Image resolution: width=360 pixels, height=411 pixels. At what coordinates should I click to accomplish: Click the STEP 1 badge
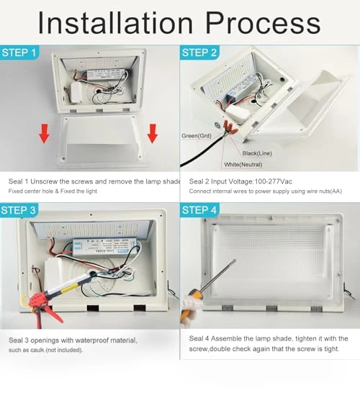(x=19, y=53)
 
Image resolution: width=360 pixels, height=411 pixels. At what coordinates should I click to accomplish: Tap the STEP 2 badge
(x=199, y=53)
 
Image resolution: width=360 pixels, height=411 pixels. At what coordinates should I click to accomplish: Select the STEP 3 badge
(x=19, y=210)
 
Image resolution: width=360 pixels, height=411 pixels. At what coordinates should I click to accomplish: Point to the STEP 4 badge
(x=199, y=210)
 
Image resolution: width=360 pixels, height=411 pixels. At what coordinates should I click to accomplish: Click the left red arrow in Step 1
(x=44, y=134)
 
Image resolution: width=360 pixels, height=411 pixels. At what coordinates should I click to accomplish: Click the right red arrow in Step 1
(x=152, y=134)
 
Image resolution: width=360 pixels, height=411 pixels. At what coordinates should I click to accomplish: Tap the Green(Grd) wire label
(x=197, y=136)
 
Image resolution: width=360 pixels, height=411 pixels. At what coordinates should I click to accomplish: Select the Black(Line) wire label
(x=257, y=153)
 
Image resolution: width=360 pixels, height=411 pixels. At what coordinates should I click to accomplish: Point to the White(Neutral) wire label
(x=243, y=165)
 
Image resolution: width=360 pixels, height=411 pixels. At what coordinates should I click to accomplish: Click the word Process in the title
(x=263, y=23)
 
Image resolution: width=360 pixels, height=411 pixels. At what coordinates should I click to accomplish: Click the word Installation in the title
(x=115, y=23)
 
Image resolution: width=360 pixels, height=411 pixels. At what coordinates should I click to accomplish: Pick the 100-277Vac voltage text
(x=273, y=181)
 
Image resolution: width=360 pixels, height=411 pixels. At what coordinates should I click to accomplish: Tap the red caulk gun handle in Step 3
(x=48, y=310)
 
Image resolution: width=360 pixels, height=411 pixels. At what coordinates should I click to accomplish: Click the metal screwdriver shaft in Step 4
(x=217, y=275)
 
